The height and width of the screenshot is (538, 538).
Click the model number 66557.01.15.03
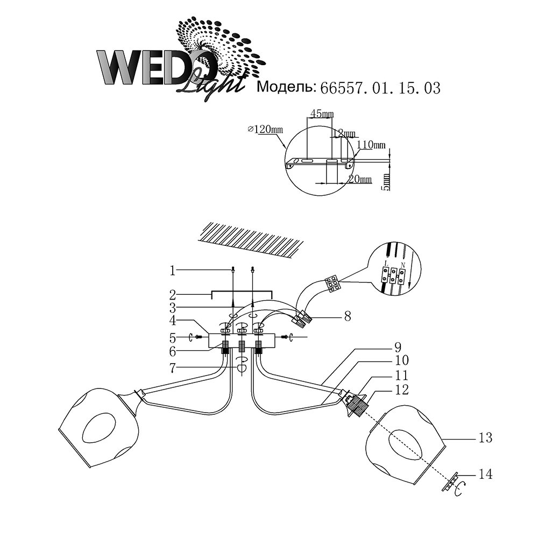(x=380, y=88)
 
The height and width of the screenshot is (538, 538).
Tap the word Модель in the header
(x=286, y=88)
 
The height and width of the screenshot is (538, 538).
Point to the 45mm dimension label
(x=322, y=114)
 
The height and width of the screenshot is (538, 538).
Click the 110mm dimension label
(x=371, y=145)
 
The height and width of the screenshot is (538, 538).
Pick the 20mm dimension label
(x=359, y=180)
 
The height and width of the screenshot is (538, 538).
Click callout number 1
(x=172, y=271)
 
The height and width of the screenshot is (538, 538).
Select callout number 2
(x=172, y=294)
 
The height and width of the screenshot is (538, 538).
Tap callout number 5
(x=172, y=338)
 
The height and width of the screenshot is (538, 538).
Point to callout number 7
(x=172, y=367)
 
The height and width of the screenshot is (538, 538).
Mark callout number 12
(x=401, y=388)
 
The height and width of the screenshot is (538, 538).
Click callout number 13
(x=485, y=438)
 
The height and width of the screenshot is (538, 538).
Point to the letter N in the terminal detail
(x=402, y=265)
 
